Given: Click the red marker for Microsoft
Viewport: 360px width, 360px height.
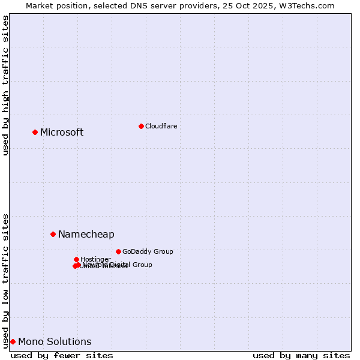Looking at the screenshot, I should [x=35, y=132].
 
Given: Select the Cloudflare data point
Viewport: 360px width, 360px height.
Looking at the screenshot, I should [x=141, y=126].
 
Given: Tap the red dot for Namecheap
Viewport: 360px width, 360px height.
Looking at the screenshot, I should [x=53, y=234].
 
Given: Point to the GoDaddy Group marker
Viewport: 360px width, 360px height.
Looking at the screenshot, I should [x=118, y=251].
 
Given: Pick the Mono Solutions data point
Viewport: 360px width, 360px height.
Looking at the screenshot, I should [x=13, y=341].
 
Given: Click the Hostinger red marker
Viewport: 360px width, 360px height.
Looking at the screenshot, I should [x=76, y=259].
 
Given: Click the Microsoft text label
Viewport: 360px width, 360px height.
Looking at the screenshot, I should [x=62, y=133].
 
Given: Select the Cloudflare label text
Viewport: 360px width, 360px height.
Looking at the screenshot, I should [x=161, y=126].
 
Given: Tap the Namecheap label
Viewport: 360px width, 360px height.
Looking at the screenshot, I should [x=86, y=235].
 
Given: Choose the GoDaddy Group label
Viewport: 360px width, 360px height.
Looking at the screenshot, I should [x=148, y=252].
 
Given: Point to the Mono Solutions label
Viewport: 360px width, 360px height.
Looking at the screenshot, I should [x=55, y=342].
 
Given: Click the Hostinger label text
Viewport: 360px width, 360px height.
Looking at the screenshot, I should [x=95, y=259].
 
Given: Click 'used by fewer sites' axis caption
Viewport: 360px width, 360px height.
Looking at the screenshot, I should [x=62, y=355].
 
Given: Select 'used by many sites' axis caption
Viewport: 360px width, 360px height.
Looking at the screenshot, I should [x=301, y=355].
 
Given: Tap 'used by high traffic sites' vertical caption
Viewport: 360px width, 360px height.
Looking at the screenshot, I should [x=6, y=86].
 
